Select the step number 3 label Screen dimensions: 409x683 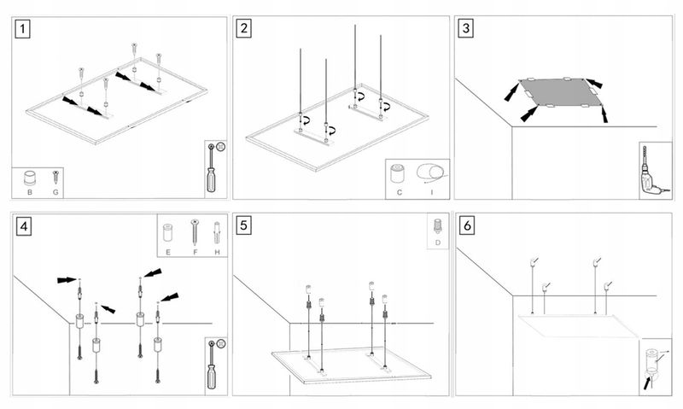[465, 28]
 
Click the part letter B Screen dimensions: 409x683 [30, 193]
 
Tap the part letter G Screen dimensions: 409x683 [55, 193]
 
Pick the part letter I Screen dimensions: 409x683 [432, 193]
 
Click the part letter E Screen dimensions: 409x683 [169, 253]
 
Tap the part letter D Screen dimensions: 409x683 [437, 242]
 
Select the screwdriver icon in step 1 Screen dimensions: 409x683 [213, 171]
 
